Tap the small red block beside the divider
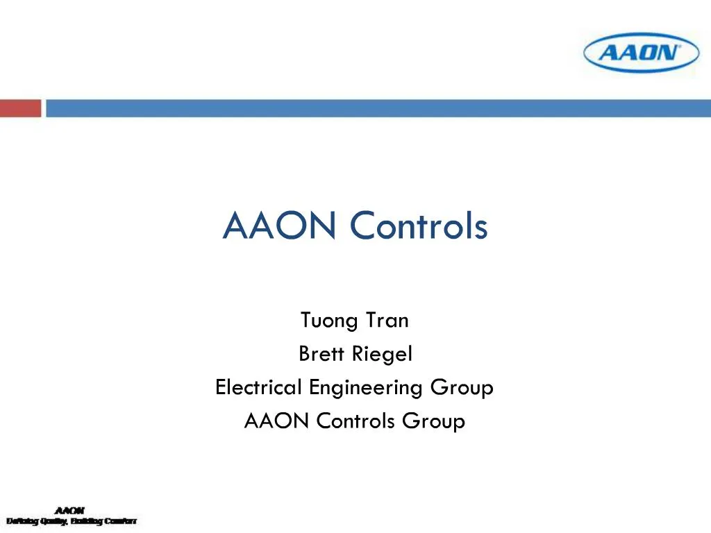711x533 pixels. pos(20,108)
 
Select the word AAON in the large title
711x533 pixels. pos(282,226)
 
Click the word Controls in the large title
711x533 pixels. pos(419,226)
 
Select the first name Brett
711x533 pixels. pos(323,354)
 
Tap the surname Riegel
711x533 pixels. pos(383,354)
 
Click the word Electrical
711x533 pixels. pos(259,387)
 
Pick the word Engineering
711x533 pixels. pos(367,387)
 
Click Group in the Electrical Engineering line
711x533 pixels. pos(462,387)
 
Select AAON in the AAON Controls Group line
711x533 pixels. pos(277,421)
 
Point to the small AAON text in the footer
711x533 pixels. pos(70,511)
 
